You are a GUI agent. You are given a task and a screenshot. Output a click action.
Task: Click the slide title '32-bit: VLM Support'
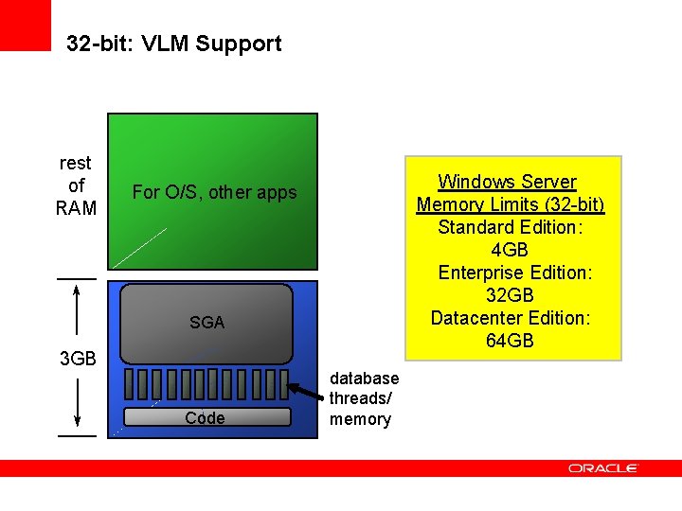tap(174, 44)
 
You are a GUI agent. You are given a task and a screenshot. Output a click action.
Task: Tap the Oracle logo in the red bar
tap(603, 467)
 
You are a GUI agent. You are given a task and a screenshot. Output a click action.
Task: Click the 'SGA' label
tap(206, 323)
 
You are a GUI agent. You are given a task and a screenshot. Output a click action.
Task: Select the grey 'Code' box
tap(205, 418)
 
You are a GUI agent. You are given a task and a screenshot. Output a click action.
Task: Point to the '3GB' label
tap(78, 359)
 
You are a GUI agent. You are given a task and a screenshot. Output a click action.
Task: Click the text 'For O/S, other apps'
tap(214, 192)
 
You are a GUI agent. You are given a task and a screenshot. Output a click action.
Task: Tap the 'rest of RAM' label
tap(76, 185)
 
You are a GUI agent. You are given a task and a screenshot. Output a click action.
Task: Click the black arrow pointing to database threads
tap(304, 393)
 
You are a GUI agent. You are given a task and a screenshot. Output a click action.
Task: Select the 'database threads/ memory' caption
tap(364, 398)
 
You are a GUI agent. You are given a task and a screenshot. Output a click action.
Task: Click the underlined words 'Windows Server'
tap(507, 182)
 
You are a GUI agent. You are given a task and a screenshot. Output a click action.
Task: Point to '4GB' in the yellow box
tap(510, 250)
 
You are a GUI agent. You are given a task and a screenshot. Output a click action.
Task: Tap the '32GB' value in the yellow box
tap(510, 295)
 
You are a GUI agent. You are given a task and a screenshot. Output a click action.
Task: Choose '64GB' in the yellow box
tap(510, 341)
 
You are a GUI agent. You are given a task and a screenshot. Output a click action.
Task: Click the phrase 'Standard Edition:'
tap(510, 227)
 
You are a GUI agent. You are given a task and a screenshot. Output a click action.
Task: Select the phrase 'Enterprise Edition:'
tap(514, 273)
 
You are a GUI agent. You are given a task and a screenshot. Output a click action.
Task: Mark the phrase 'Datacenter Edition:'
tap(510, 318)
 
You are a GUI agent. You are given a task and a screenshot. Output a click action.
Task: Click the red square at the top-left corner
tap(25, 25)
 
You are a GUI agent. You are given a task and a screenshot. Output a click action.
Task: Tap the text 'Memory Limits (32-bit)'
tap(510, 204)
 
